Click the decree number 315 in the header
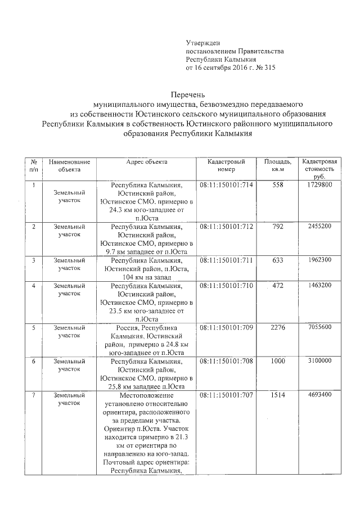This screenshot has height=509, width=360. pyautogui.click(x=269, y=68)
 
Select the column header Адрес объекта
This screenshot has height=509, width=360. pyautogui.click(x=147, y=161)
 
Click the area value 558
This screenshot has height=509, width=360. pyautogui.click(x=277, y=185)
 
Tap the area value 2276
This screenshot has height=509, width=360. pyautogui.click(x=277, y=327)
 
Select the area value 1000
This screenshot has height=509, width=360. pyautogui.click(x=277, y=361)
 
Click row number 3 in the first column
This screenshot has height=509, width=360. pyautogui.click(x=34, y=260)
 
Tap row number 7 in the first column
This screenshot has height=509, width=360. pyautogui.click(x=34, y=396)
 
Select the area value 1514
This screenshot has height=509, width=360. pyautogui.click(x=277, y=396)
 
